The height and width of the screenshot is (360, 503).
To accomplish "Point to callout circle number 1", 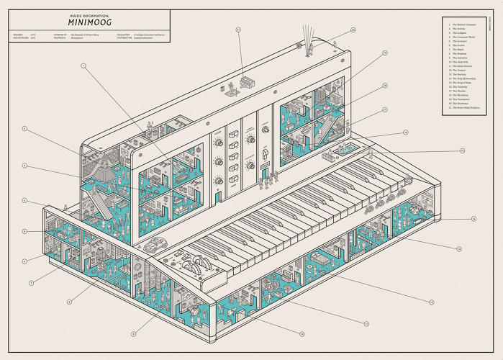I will [83, 66].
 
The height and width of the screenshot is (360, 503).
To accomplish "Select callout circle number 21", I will [237, 30].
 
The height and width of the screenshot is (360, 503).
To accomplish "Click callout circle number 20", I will [353, 30].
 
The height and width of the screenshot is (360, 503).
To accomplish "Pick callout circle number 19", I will [385, 53].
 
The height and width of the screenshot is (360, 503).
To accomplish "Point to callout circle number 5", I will [24, 231].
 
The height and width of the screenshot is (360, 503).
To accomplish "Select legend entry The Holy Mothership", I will [465, 78].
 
